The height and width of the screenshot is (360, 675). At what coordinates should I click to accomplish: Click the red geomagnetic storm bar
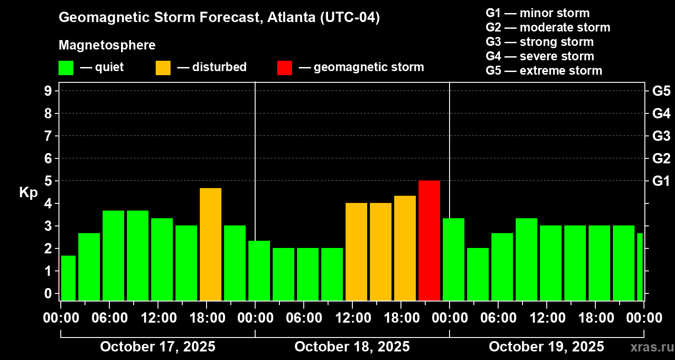429,240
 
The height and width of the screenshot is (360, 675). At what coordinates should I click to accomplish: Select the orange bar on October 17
211,244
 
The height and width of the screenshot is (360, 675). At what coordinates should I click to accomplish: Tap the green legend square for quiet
66,68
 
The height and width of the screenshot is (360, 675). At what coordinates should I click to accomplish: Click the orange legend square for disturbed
163,68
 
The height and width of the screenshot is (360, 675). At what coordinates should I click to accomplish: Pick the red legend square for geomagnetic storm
284,68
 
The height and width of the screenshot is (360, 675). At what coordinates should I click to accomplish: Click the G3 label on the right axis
661,136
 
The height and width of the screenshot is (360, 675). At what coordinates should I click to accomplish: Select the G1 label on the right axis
661,181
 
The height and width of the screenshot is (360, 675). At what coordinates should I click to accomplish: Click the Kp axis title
28,192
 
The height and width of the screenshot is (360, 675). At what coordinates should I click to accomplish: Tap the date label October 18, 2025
352,347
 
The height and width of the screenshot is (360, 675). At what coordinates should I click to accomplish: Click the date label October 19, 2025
546,347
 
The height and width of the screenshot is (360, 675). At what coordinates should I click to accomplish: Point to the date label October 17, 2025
157,347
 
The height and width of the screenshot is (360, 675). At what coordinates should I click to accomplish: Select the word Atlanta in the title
291,18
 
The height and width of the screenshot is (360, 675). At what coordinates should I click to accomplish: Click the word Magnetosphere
107,45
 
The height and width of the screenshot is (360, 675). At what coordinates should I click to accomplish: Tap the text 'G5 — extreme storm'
544,71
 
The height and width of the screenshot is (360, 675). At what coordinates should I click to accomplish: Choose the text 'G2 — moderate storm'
548,27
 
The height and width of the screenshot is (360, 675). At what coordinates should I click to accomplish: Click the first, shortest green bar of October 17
68,278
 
